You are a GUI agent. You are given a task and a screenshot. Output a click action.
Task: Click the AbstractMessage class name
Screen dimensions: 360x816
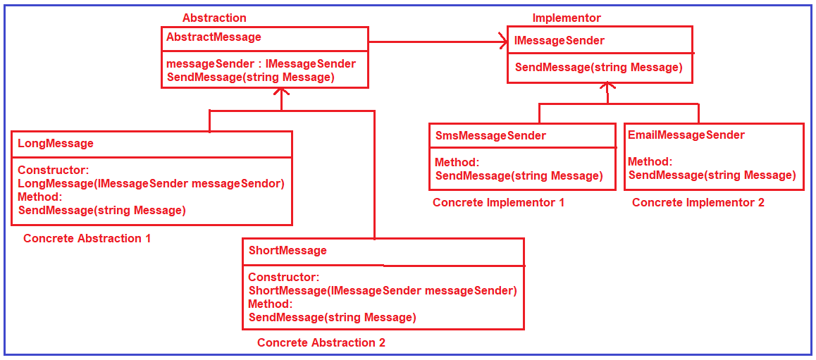tap(214, 37)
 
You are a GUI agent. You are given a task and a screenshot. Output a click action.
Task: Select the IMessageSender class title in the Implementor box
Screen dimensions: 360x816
tap(560, 41)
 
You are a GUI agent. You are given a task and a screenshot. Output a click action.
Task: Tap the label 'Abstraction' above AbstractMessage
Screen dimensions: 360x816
tap(214, 18)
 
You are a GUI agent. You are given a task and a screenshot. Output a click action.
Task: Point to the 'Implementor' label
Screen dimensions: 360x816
tap(567, 18)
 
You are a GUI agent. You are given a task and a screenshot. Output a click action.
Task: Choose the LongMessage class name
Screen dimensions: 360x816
tap(56, 143)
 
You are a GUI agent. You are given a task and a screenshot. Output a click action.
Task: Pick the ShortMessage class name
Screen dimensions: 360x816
tap(288, 250)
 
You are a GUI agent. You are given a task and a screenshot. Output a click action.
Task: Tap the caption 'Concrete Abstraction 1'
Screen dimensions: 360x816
tap(87, 238)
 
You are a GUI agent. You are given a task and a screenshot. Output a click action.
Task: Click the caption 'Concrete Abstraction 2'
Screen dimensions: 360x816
tap(321, 342)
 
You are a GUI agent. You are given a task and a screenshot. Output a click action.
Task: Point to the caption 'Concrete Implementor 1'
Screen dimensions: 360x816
tap(498, 202)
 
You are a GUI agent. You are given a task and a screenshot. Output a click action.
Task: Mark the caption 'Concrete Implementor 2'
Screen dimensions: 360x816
tap(698, 202)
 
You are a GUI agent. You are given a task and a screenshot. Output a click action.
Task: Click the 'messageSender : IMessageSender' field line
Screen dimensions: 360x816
tap(261, 63)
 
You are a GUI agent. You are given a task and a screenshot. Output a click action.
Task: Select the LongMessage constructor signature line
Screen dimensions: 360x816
tap(151, 183)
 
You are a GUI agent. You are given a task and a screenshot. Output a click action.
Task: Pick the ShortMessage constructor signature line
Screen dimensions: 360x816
tap(383, 290)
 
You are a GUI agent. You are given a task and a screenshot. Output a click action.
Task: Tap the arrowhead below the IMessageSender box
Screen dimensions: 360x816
tap(608, 87)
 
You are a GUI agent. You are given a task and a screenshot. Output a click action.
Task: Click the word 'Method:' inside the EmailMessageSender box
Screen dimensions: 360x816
tap(650, 161)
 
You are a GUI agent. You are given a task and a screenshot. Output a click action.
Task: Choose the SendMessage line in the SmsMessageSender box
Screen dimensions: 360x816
tap(519, 175)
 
